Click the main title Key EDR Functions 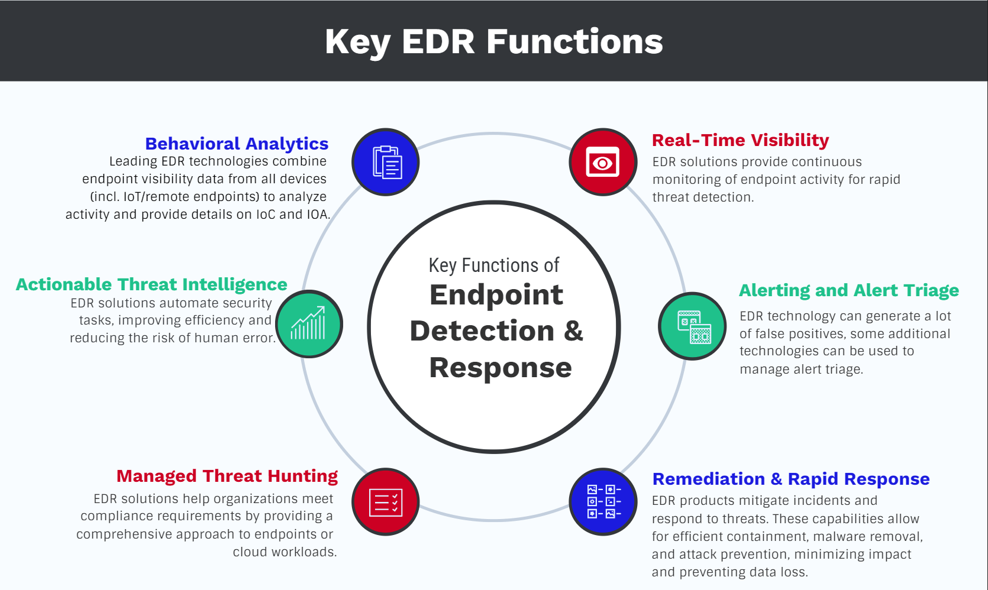point(494,42)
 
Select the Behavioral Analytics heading point(237,144)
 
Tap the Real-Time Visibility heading point(740,140)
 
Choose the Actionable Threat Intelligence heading point(151,284)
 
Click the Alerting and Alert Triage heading point(849,290)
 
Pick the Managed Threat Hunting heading point(227,476)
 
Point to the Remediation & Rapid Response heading point(791,479)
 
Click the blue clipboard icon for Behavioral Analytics point(386,162)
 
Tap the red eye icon point(603,162)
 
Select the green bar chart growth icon point(309,324)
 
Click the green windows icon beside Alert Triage point(693,326)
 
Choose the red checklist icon point(386,502)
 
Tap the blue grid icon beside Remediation point(603,501)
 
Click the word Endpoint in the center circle point(496,295)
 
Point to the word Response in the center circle point(501,368)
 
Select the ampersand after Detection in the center point(573,331)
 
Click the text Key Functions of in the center point(494,265)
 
